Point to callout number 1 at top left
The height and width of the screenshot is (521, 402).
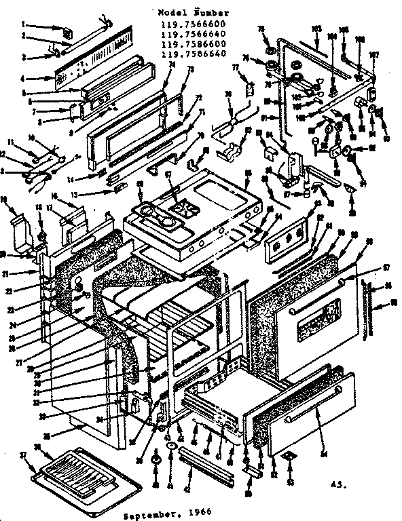click(24, 24)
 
